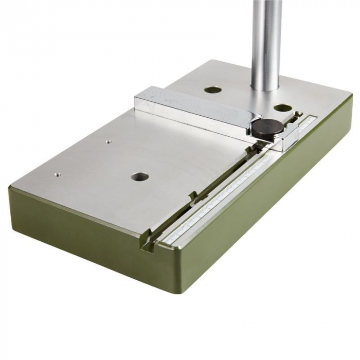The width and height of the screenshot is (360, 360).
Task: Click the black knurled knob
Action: click(264, 127)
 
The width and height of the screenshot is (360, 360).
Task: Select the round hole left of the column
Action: click(212, 90)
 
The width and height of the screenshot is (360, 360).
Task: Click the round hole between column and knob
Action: click(282, 109)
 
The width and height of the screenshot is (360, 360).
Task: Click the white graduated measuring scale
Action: click(231, 190)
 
